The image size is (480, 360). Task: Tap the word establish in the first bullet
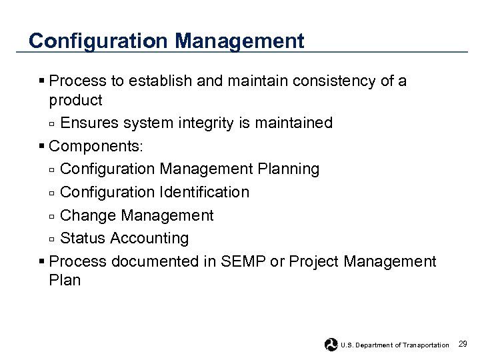point(159,81)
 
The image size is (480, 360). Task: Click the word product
point(75,101)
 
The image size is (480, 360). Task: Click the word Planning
point(291,169)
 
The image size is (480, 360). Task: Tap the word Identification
point(204,193)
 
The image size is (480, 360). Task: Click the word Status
point(83,239)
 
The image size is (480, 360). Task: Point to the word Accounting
point(150,239)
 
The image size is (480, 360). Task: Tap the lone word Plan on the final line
point(65,281)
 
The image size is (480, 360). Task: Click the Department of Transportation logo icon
point(331,345)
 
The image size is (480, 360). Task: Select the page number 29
point(463,344)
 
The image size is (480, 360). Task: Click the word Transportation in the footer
point(426,345)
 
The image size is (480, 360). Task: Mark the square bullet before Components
point(42,146)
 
